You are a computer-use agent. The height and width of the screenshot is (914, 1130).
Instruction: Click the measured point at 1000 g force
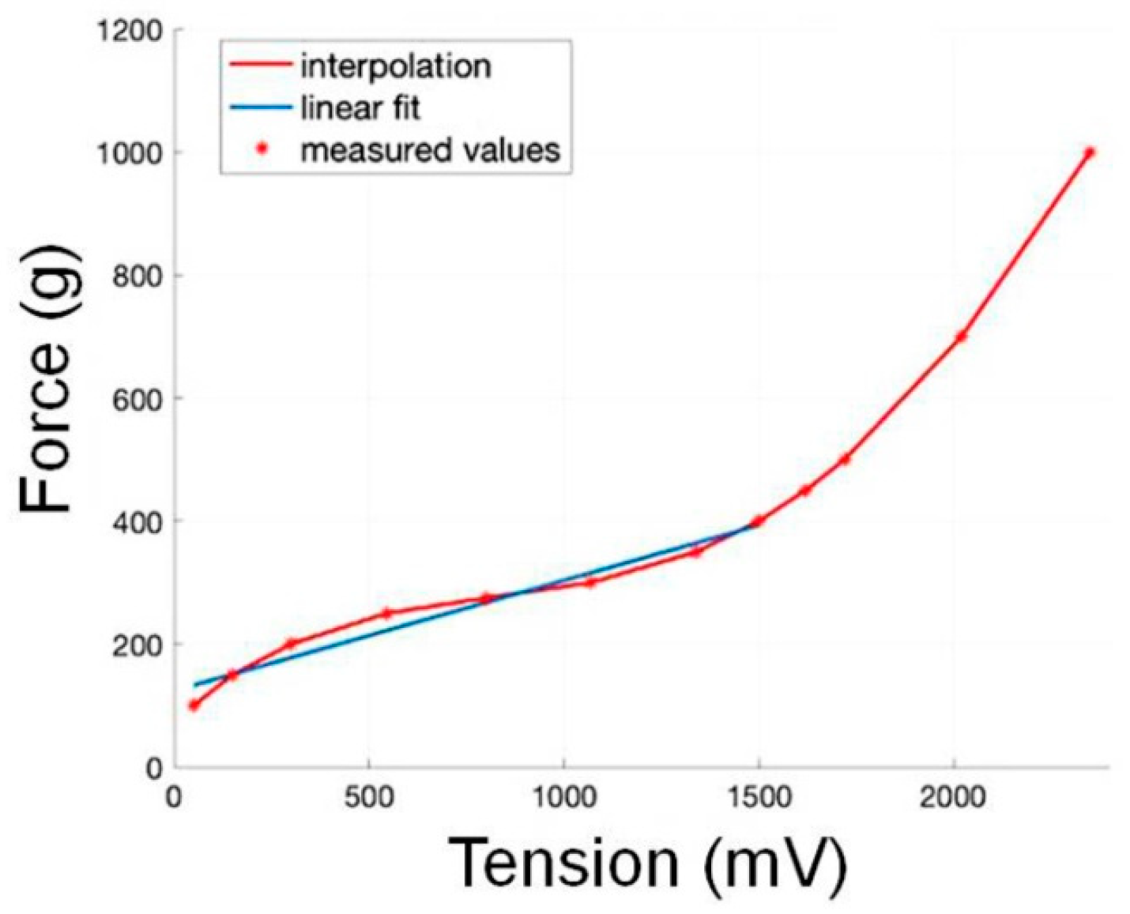click(x=1089, y=152)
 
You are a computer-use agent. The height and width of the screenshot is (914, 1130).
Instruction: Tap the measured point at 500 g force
click(x=844, y=459)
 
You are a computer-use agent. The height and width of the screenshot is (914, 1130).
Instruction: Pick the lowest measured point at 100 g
click(x=194, y=705)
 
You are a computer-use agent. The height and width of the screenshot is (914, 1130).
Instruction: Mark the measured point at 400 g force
click(x=757, y=521)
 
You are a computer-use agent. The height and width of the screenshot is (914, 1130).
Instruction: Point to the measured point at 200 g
click(x=291, y=643)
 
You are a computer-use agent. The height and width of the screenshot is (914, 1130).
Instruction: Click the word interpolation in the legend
click(x=395, y=66)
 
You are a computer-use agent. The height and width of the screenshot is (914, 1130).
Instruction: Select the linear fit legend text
click(x=360, y=108)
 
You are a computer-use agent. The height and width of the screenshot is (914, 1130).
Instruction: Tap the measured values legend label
click(x=430, y=149)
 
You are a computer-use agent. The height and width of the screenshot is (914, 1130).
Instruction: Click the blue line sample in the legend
click(x=258, y=108)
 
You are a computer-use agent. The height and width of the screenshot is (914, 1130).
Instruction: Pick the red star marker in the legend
click(x=259, y=149)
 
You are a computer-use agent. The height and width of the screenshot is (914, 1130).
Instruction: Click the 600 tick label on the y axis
click(x=136, y=398)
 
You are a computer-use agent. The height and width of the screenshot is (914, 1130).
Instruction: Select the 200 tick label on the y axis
click(x=136, y=644)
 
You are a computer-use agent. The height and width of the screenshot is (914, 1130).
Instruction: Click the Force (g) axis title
click(x=46, y=379)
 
